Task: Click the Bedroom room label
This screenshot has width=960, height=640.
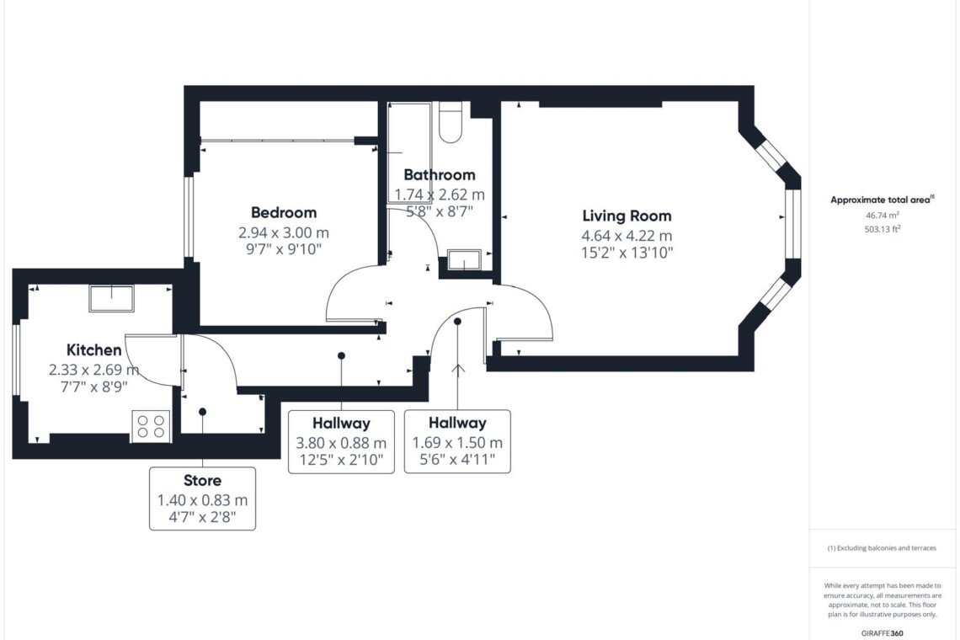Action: tap(284, 212)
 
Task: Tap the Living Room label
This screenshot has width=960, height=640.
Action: tap(627, 216)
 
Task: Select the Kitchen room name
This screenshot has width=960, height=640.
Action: tap(93, 349)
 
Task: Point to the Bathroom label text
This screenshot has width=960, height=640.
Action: tap(440, 175)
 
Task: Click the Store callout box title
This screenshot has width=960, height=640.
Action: tap(203, 480)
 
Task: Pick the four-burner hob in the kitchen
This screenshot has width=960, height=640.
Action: tap(151, 425)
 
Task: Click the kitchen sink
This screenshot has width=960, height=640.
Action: tap(111, 298)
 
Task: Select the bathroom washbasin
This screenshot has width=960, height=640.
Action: tap(465, 259)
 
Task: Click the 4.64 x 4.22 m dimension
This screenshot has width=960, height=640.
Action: tap(627, 235)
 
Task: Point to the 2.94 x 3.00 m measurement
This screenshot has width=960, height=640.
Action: tap(284, 232)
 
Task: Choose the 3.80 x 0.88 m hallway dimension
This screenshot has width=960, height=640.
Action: tap(341, 442)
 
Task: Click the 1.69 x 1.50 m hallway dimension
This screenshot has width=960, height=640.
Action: tap(457, 442)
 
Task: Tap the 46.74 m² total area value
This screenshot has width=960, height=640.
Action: tap(883, 215)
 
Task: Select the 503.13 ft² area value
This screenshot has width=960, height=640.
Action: tap(883, 229)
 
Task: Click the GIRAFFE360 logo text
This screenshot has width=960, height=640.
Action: tap(882, 633)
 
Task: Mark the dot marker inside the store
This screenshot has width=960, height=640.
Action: tap(203, 412)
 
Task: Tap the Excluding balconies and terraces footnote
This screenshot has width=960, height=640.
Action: tap(882, 548)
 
